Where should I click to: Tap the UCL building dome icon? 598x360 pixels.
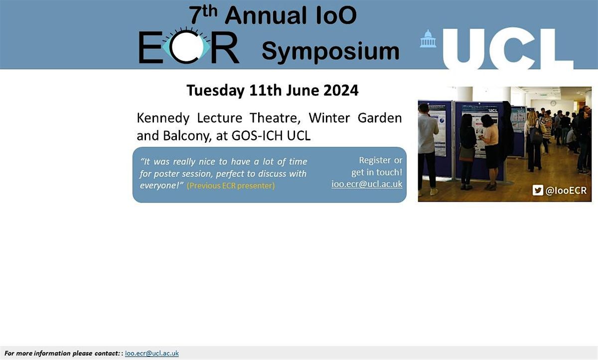(x=428, y=39)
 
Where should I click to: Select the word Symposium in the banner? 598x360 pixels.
(x=330, y=51)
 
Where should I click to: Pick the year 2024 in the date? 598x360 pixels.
(x=340, y=91)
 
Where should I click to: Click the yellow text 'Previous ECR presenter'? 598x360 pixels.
(x=231, y=186)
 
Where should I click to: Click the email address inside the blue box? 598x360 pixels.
(x=367, y=184)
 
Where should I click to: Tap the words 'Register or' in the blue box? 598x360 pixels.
(x=380, y=160)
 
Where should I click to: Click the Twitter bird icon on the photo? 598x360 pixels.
(x=537, y=190)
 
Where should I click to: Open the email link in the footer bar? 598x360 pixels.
(x=151, y=354)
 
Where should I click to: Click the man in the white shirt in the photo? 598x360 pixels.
(x=428, y=142)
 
